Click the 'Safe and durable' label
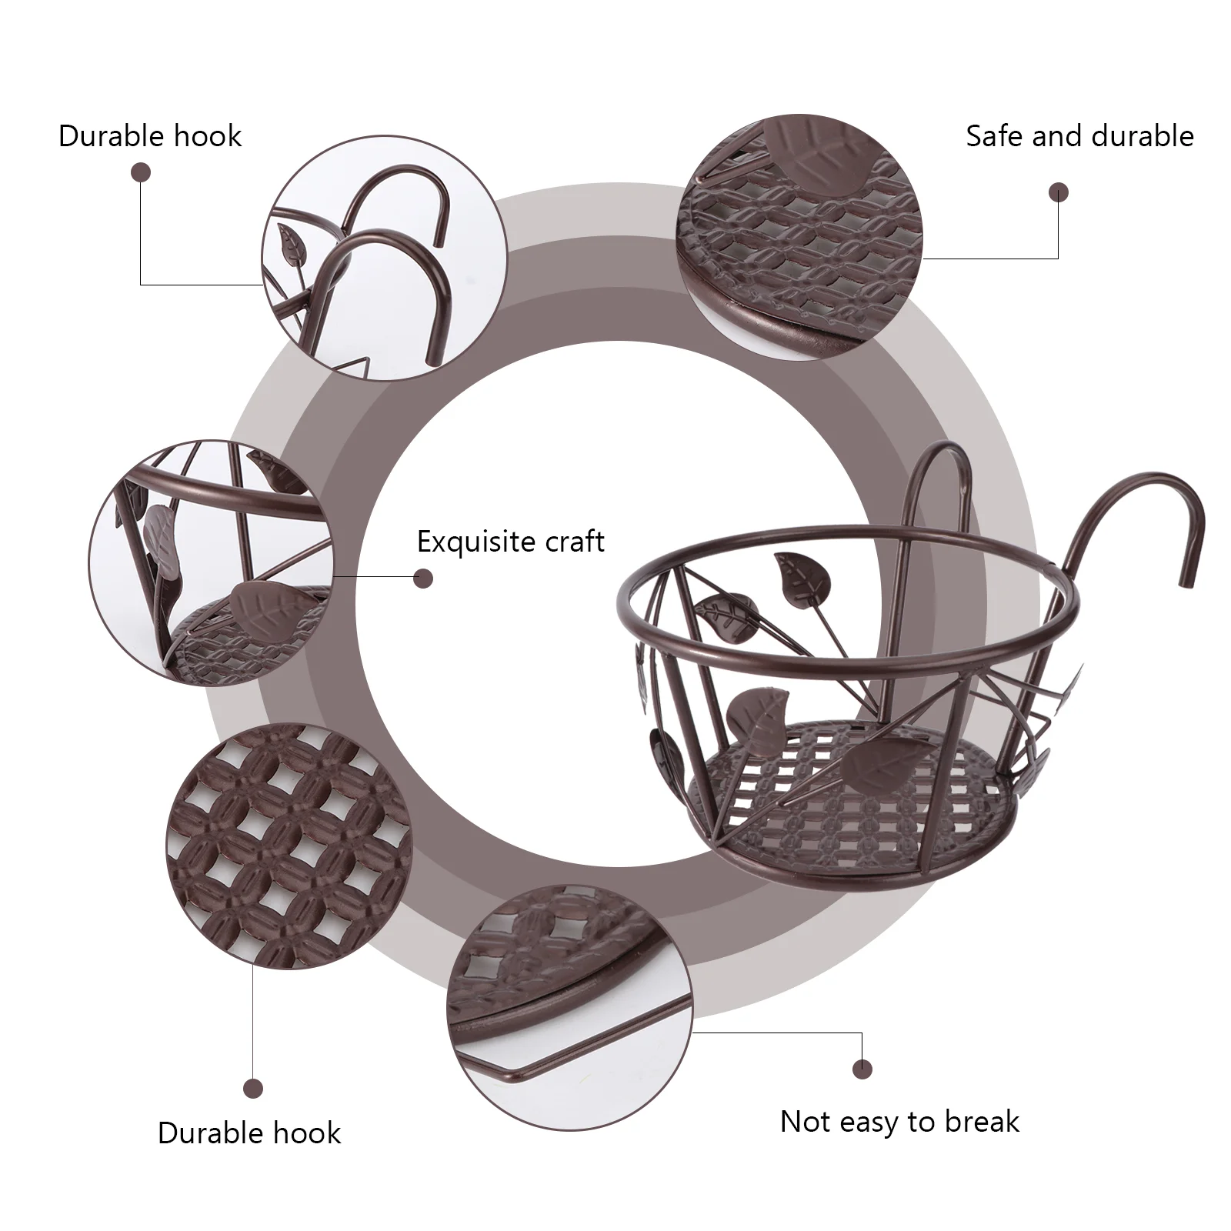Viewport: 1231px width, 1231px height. pos(1079,137)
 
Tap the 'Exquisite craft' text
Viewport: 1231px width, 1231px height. pos(510,542)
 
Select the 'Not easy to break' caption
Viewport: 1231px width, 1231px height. pos(899,1122)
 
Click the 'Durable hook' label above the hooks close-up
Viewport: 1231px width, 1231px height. pos(150,137)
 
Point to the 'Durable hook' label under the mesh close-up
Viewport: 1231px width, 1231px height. pos(249,1133)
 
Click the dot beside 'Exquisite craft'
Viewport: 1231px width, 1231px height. pos(423,579)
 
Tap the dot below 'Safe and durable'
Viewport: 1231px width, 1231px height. pos(1059,192)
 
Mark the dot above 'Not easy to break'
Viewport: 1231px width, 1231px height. pos(862,1069)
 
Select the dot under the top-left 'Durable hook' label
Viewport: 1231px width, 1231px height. pos(141,172)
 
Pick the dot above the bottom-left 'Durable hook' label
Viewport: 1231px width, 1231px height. pos(253,1089)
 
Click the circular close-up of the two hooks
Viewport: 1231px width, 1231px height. pos(385,258)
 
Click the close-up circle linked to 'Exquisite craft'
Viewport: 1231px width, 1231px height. pos(212,562)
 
